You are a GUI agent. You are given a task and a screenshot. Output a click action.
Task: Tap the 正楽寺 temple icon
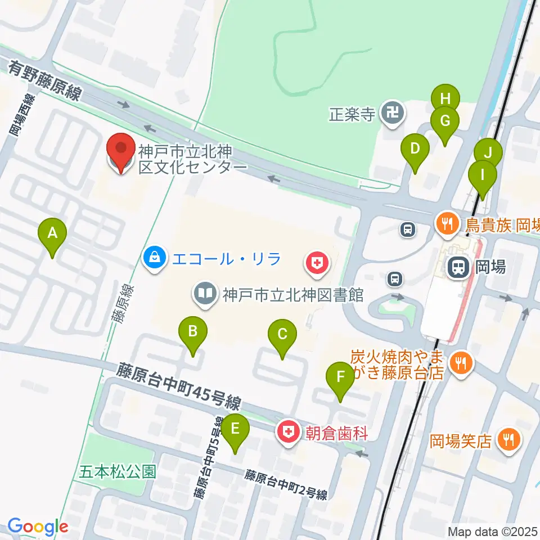(x=391, y=114)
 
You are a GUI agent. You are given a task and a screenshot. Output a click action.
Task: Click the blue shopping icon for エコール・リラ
(x=153, y=260)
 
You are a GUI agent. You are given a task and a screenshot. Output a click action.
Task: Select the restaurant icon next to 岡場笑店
(x=510, y=439)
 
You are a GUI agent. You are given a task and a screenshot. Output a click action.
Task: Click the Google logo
(x=38, y=527)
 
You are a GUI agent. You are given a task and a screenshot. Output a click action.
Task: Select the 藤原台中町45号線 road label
(x=179, y=385)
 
